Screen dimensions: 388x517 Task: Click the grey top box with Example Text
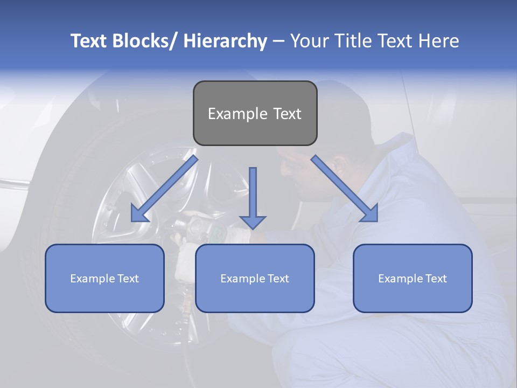coord(255,113)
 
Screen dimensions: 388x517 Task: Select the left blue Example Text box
coord(104,278)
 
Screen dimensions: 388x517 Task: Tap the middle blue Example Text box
coord(255,278)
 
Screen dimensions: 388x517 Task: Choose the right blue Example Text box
coord(413,278)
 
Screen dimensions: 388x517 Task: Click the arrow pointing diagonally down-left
coord(165,189)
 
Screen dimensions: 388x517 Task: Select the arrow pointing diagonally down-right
coord(345,188)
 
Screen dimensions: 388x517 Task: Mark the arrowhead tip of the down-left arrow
coord(132,221)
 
